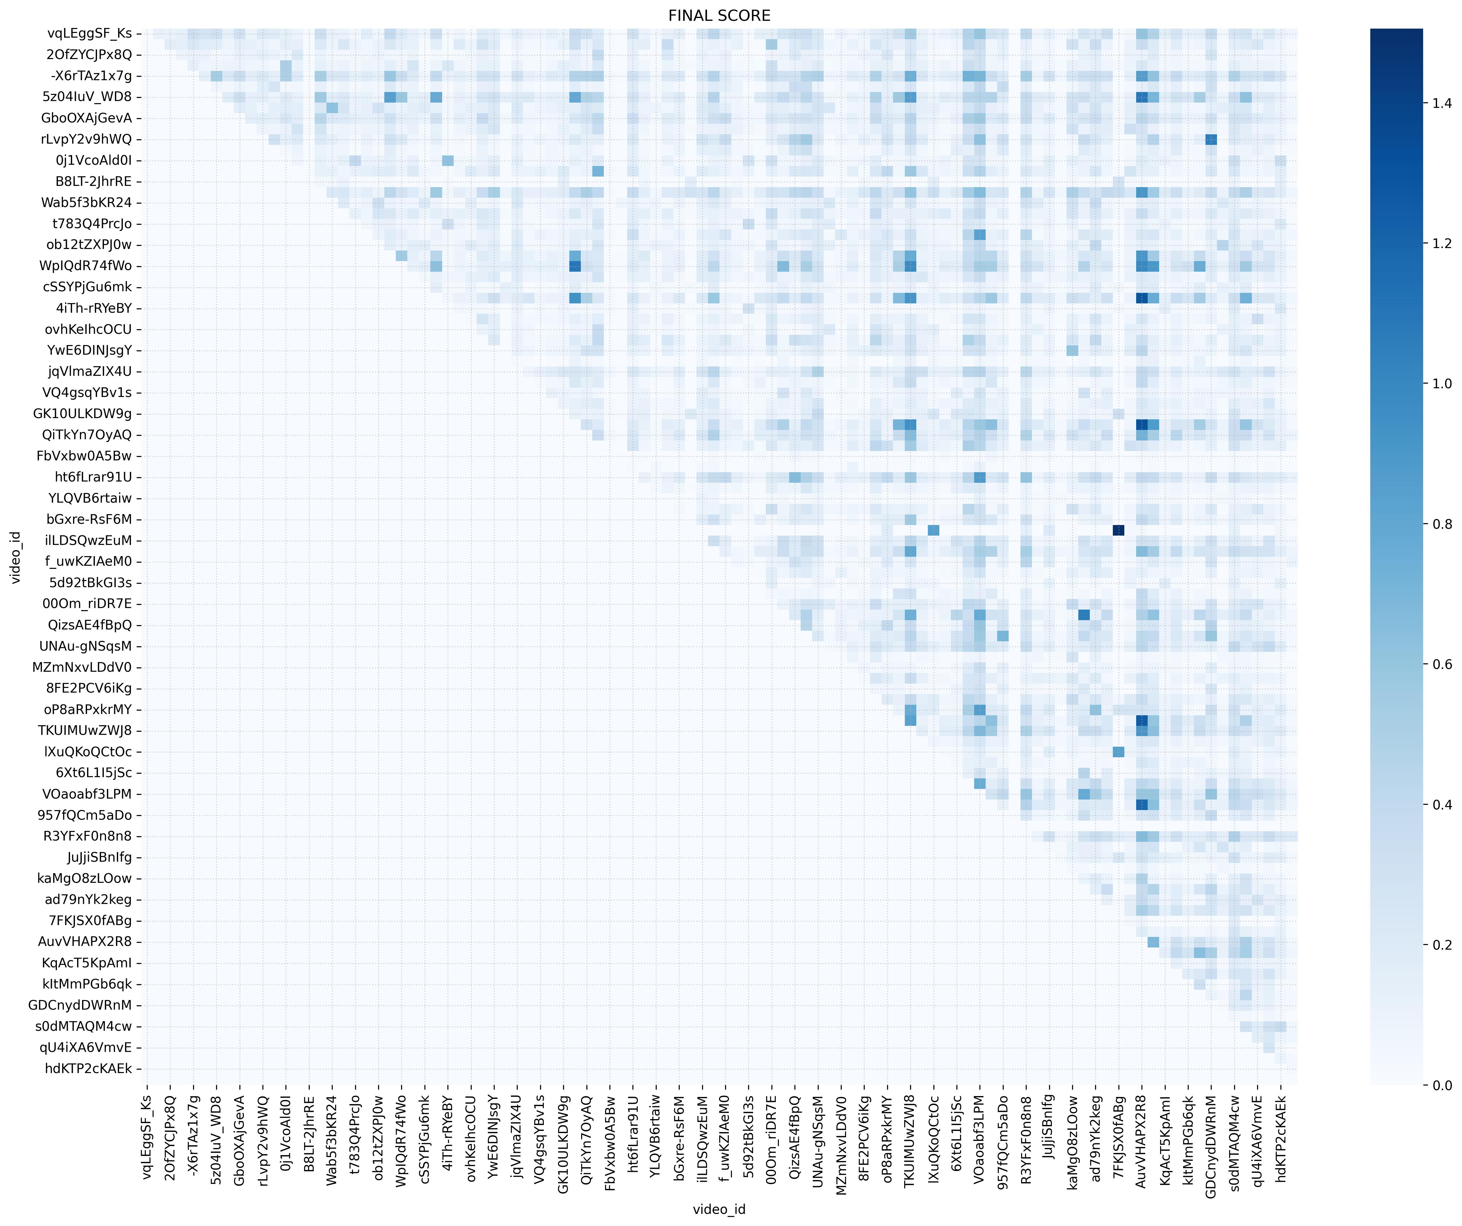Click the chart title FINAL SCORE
pos(719,15)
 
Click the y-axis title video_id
pos(15,557)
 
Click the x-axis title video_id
pos(719,1209)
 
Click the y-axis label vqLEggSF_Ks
pos(89,34)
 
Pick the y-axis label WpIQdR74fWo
pos(86,266)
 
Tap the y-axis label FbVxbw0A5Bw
pos(84,456)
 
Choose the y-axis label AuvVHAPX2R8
pos(85,942)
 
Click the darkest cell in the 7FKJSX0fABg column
pos(1118,531)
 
